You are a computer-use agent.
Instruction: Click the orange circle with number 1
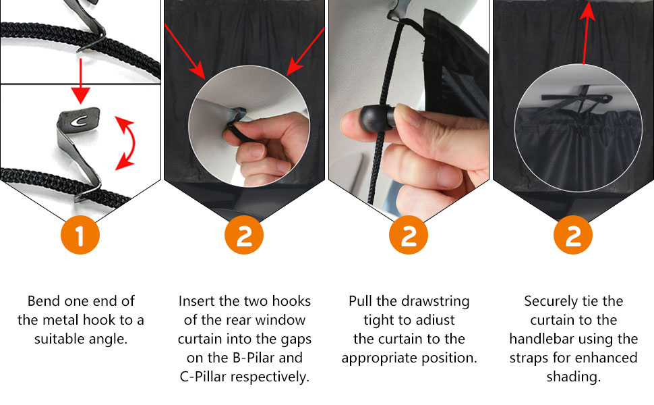80,235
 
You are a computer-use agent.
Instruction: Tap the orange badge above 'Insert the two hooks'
244,235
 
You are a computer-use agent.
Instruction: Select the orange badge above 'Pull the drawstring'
409,235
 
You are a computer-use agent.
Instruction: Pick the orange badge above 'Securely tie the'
573,235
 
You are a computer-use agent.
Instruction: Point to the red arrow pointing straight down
80,81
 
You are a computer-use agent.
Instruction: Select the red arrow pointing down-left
305,51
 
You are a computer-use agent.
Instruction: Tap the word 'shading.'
574,377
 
